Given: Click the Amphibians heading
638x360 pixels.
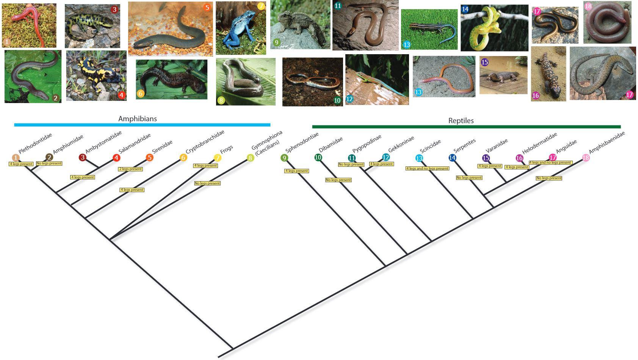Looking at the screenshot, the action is [x=137, y=119].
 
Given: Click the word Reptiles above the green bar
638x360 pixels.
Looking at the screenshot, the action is [x=461, y=121].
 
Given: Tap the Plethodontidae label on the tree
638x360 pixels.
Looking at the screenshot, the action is [x=35, y=143].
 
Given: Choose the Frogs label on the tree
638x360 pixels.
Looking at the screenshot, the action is [x=226, y=150].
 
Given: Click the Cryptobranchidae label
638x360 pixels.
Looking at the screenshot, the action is [x=205, y=142].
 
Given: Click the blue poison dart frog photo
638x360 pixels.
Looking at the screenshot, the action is [x=240, y=28].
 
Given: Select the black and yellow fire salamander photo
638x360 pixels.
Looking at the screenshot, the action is [x=96, y=76].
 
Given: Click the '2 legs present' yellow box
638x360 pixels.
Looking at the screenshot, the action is [x=130, y=169].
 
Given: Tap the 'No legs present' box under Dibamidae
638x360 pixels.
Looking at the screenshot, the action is [x=339, y=180].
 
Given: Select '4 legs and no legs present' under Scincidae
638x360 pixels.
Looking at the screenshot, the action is [x=427, y=169].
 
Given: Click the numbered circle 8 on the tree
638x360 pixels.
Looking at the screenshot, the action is [x=250, y=158].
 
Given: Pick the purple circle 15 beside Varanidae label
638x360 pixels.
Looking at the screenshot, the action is [x=486, y=158].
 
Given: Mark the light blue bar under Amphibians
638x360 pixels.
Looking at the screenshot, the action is [x=142, y=125].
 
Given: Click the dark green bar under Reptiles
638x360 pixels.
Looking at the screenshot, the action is [x=466, y=127].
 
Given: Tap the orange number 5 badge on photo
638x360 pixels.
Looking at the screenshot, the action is [x=207, y=8].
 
